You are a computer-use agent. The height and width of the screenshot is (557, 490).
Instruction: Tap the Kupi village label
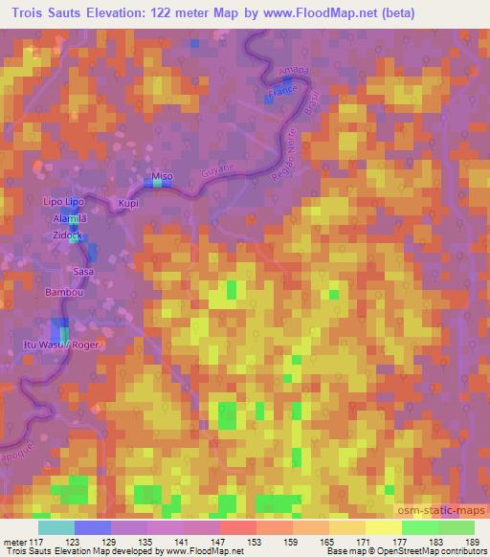point(128,204)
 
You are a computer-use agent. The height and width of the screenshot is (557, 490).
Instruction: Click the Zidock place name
point(70,234)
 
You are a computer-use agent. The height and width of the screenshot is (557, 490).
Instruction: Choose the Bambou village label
point(61,291)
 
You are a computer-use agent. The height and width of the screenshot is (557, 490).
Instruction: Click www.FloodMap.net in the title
point(348,13)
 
